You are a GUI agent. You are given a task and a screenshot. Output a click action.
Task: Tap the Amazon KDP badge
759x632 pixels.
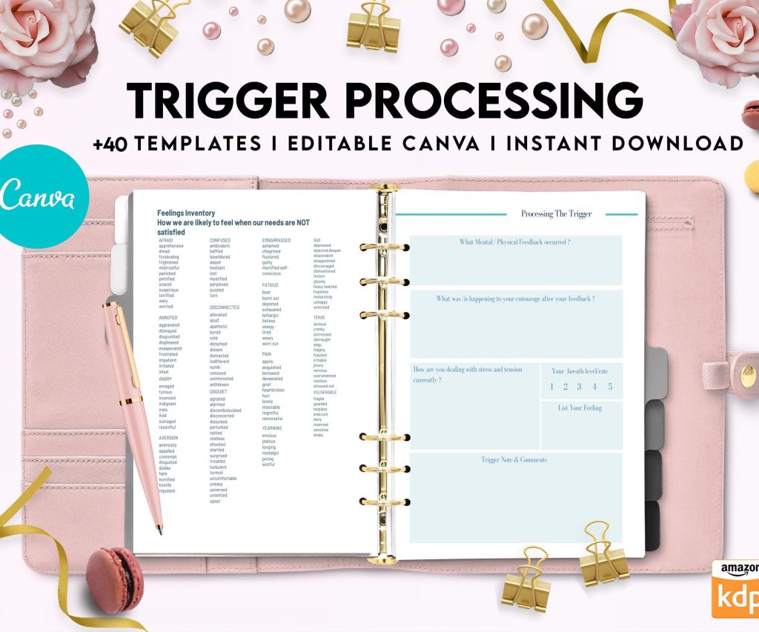click(x=735, y=589)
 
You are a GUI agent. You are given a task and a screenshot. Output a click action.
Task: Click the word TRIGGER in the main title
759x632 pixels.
click(x=227, y=102)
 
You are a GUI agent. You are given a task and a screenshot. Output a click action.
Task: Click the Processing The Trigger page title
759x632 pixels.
click(x=556, y=214)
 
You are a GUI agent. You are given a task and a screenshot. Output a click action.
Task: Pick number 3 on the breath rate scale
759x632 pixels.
click(x=580, y=386)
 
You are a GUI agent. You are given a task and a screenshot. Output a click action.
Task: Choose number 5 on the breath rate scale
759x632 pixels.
click(x=610, y=386)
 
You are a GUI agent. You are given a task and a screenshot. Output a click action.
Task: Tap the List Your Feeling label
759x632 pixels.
click(x=580, y=408)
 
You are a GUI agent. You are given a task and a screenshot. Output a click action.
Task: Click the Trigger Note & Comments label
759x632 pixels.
click(x=514, y=460)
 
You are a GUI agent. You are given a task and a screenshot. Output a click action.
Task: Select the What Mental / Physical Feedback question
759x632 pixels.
click(x=514, y=242)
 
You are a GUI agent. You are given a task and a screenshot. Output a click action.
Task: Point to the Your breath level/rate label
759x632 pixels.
click(x=580, y=371)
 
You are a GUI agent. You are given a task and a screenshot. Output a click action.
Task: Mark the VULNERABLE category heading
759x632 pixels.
click(x=325, y=393)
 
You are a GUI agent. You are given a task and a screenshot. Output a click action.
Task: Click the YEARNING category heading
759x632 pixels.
click(x=271, y=428)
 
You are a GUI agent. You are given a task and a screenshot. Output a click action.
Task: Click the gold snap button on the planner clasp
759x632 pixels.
click(x=748, y=375)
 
